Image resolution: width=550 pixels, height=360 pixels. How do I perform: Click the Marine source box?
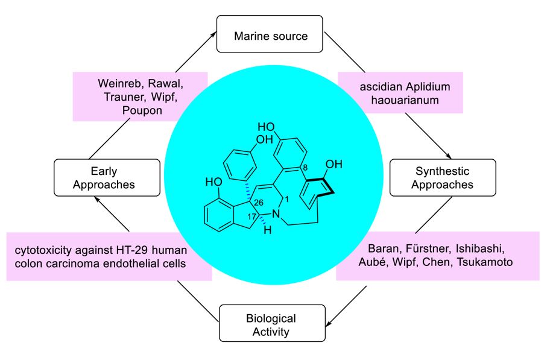(x=271, y=36)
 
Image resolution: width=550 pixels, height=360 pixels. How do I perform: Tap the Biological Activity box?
(x=271, y=325)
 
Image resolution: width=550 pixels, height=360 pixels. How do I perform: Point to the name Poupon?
(x=139, y=110)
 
